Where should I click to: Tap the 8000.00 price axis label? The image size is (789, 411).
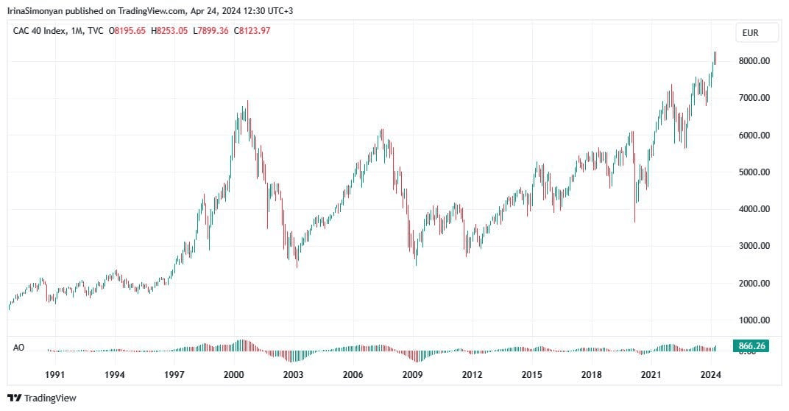(754, 61)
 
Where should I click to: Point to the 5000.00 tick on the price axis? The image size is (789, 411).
(754, 172)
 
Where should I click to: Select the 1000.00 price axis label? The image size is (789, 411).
(754, 320)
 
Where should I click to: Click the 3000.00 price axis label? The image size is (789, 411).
(754, 246)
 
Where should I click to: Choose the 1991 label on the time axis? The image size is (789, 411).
(55, 374)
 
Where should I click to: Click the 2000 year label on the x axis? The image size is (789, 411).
(233, 374)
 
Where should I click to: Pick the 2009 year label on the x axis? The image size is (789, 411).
(412, 374)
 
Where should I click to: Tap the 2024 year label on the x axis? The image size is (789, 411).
(710, 374)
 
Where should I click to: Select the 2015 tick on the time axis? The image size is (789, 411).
(531, 374)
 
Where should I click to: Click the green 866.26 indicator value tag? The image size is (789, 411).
(751, 345)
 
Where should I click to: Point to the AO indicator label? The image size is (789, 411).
(19, 346)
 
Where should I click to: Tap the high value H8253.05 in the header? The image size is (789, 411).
(169, 30)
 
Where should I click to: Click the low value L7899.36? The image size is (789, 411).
(210, 30)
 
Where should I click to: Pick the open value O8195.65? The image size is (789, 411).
(127, 30)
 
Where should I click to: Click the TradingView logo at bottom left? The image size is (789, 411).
(42, 398)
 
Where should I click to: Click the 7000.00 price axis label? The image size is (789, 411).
(754, 98)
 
